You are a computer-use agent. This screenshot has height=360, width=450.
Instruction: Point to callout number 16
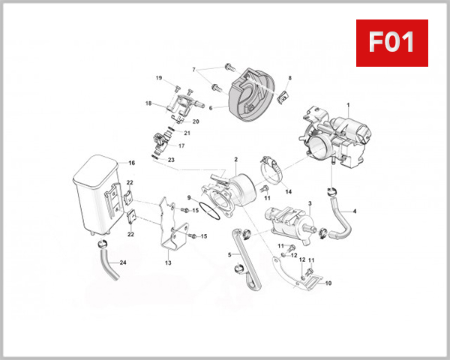pos(131,163)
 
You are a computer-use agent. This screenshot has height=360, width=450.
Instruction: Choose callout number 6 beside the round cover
pos(211,107)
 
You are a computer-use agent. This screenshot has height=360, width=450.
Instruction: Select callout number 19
pos(159,78)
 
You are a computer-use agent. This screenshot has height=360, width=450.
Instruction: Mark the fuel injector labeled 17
pos(161,139)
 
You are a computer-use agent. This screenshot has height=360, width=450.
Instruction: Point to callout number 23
pos(171,160)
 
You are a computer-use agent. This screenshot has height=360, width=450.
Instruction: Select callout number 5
pos(229,255)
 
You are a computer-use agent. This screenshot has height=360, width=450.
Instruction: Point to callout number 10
pos(328,283)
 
